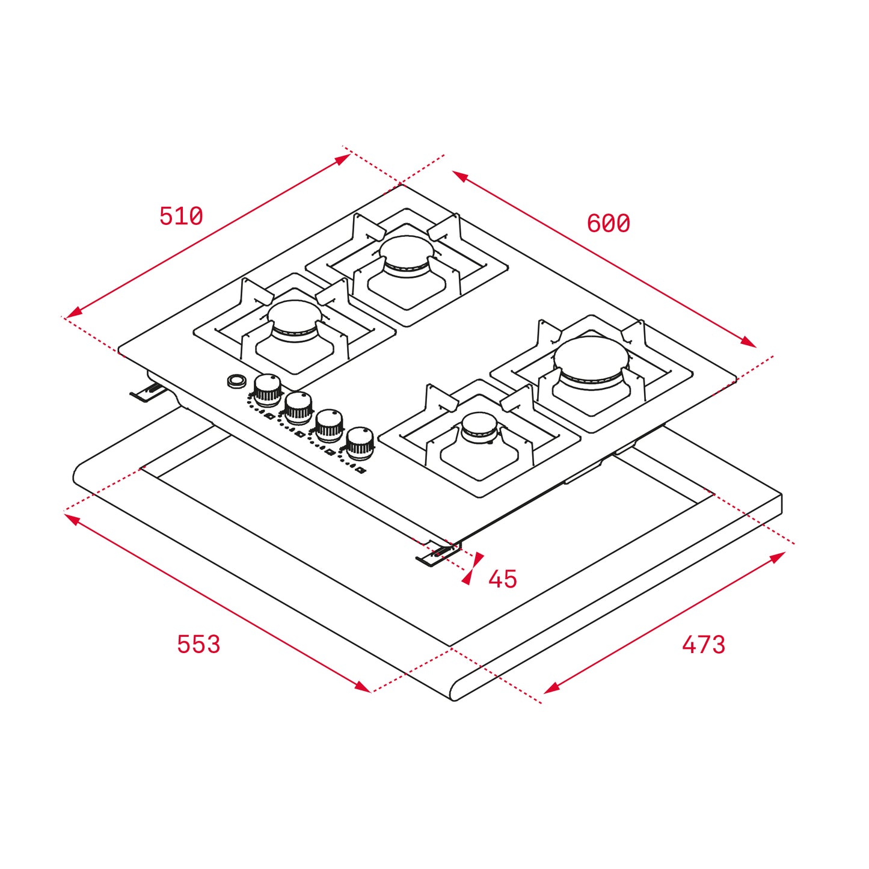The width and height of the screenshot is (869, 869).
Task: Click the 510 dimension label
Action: pos(181,216)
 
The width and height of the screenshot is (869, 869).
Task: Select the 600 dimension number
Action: pos(608,223)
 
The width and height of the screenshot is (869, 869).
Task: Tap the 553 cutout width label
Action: pos(198,644)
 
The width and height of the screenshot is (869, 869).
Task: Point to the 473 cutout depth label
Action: pos(703,645)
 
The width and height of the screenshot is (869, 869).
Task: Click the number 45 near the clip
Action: pos(502,579)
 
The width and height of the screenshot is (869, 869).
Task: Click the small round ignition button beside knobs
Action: pos(237,380)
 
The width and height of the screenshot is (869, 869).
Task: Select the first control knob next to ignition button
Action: pos(267,389)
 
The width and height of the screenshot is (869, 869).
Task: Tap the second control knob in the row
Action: pos(298,406)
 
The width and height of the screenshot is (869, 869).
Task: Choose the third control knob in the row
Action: pos(329,423)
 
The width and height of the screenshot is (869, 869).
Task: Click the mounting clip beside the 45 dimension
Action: pos(437,554)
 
